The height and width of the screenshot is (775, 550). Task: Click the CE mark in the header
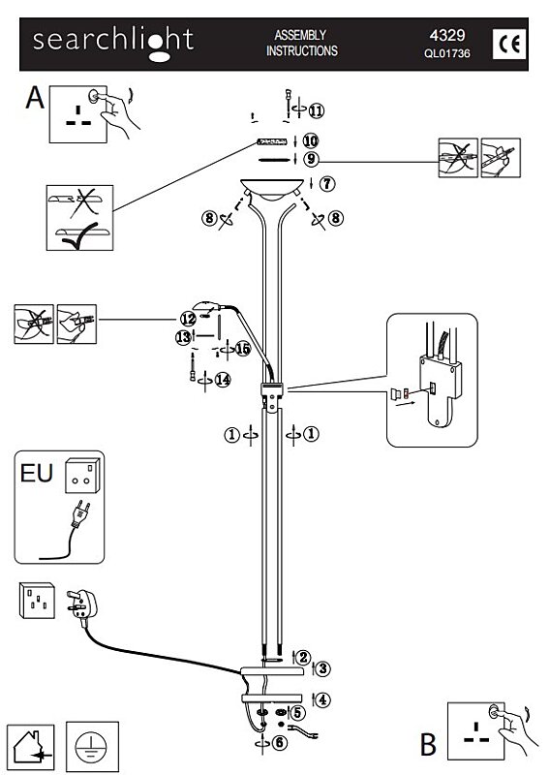click(x=509, y=45)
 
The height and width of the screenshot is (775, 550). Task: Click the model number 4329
click(x=447, y=36)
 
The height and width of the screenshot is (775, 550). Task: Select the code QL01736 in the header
click(x=446, y=53)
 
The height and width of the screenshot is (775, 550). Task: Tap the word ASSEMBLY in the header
click(x=300, y=35)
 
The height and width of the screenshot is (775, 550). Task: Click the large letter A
click(x=35, y=97)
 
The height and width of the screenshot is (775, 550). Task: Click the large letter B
click(x=428, y=744)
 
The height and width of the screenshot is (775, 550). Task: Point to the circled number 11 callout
click(x=317, y=110)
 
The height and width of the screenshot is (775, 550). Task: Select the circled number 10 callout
click(x=310, y=140)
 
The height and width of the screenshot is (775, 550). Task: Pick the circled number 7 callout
click(x=327, y=184)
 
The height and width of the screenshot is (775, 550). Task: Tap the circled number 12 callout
click(x=188, y=319)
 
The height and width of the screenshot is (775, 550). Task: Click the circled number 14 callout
click(x=223, y=380)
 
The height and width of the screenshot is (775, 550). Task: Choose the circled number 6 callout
click(x=280, y=742)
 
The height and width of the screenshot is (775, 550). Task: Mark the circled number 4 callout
click(x=322, y=699)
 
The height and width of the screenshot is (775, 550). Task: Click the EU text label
click(x=37, y=473)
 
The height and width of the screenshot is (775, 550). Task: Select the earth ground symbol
click(x=91, y=746)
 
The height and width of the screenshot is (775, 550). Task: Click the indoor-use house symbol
click(x=32, y=747)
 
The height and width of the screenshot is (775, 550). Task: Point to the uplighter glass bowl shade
click(x=272, y=189)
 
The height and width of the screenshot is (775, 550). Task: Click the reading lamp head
click(x=206, y=305)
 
